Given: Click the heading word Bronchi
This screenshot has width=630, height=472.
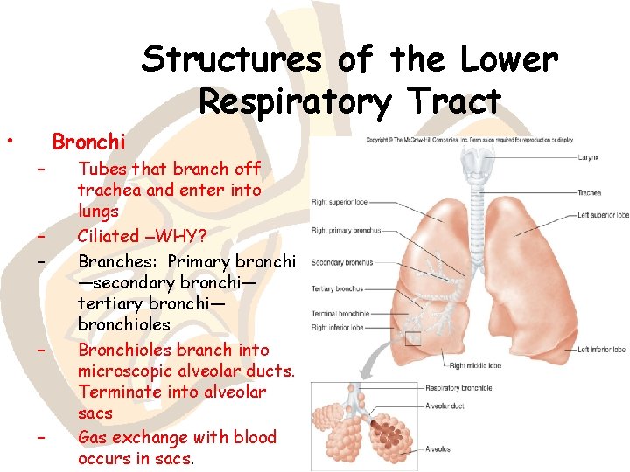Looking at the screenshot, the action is click(x=88, y=141).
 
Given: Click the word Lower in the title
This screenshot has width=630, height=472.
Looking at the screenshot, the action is click(x=512, y=59).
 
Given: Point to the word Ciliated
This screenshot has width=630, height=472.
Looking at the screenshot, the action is click(x=108, y=236).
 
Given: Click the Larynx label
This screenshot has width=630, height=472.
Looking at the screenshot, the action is click(x=588, y=158).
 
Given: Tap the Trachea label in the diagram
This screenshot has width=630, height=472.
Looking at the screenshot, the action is click(x=589, y=192).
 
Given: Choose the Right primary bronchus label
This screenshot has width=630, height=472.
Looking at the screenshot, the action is click(x=345, y=232).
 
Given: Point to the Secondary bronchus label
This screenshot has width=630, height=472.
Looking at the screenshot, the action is click(x=341, y=262).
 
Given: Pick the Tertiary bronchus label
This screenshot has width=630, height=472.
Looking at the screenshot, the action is click(x=337, y=288).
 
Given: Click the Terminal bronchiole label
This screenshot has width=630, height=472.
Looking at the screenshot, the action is click(x=341, y=314).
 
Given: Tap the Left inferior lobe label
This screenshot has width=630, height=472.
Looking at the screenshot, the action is click(x=601, y=350).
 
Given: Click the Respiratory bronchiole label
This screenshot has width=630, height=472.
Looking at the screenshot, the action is click(x=458, y=388).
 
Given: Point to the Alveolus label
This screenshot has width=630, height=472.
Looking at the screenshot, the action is click(x=438, y=449).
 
